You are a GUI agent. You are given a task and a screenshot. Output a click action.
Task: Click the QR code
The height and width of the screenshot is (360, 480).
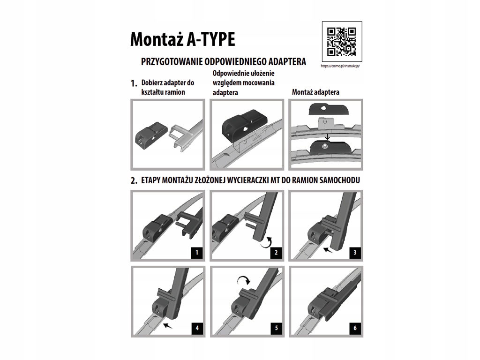coord(342,42)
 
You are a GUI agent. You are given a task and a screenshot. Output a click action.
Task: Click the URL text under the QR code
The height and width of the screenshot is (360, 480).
coord(340,66)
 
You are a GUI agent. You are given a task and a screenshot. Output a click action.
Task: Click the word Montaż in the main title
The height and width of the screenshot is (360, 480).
coord(157,39)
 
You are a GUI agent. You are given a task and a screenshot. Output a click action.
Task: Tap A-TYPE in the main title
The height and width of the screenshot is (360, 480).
coord(211,39)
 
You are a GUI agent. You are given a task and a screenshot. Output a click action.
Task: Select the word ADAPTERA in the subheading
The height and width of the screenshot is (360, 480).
coord(287,61)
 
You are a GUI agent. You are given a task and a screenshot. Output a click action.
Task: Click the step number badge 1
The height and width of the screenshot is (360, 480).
coord(197,253)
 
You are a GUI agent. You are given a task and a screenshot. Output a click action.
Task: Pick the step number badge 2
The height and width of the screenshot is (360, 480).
coord(276,253)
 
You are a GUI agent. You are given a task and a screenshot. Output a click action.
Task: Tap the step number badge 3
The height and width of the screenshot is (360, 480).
coord(355,253)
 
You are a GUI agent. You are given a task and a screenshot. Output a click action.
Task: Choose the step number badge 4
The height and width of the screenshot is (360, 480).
coord(197,328)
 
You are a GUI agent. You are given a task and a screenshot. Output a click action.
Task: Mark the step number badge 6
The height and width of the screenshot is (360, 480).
coord(355,328)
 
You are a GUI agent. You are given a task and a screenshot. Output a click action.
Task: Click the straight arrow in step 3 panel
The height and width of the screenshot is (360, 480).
coord(328,250)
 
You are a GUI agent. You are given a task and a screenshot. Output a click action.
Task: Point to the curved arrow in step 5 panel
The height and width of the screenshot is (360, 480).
coord(244,277)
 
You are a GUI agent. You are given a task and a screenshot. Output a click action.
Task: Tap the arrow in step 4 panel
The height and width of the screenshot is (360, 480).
coord(167,325)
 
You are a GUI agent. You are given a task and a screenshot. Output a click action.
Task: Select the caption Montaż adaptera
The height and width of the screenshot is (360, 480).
coord(315,92)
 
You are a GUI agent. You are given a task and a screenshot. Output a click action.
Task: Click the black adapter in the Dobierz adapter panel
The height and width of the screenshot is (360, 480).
coord(151,135)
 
